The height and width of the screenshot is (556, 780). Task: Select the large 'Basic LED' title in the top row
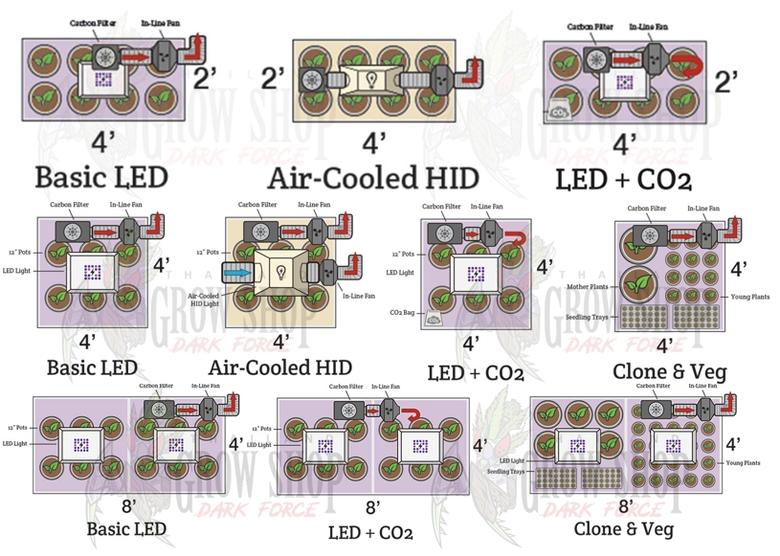pos(101,178)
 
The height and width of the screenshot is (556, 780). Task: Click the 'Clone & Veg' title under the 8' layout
pos(623,528)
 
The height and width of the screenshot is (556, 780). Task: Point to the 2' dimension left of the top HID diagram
pos(274,78)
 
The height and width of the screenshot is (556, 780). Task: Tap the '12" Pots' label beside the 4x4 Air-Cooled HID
pos(207,253)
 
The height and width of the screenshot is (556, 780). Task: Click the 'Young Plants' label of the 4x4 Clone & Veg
pos(749,297)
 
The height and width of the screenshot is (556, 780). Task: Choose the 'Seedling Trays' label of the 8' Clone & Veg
pos(505,472)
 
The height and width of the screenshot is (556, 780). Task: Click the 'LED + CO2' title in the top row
pos(623,178)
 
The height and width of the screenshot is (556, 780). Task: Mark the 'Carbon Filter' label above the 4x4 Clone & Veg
pos(646,208)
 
